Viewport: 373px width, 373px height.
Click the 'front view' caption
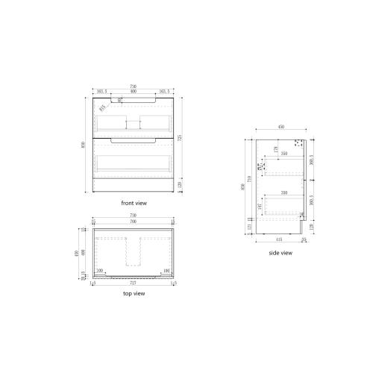click(134, 203)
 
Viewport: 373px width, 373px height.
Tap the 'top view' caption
click(134, 293)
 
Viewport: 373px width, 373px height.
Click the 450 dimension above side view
click(280, 128)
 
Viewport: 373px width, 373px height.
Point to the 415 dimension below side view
click(278, 239)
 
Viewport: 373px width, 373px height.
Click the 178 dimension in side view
click(275, 150)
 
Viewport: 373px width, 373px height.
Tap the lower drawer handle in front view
click(134, 140)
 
